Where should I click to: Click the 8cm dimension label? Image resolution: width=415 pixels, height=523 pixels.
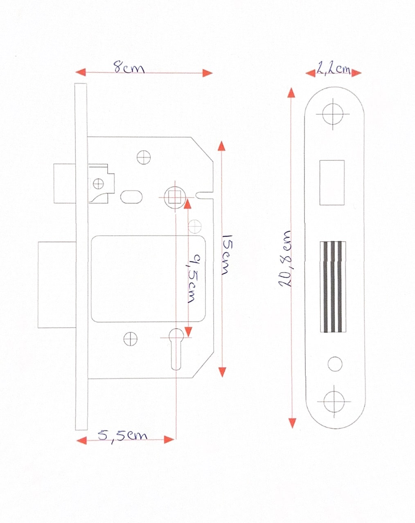coord(129,67)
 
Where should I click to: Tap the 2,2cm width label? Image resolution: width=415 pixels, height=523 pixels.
coord(333,69)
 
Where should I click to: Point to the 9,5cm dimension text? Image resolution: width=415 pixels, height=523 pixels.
coord(194,279)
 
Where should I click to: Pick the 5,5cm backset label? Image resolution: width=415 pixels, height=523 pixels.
coord(122,436)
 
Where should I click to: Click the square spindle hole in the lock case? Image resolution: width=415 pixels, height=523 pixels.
coord(175,197)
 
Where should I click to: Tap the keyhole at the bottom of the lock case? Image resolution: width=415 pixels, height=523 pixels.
coord(176,349)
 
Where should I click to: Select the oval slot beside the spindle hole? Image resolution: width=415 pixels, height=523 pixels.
coord(131,197)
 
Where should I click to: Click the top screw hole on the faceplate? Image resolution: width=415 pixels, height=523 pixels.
coord(333,113)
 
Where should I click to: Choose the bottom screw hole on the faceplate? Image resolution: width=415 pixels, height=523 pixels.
coord(334,401)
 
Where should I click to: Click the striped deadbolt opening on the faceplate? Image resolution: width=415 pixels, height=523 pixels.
coord(333,287)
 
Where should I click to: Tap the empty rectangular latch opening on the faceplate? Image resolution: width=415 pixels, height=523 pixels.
coord(332,183)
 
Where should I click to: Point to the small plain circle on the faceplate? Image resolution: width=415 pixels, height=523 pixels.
coord(335,364)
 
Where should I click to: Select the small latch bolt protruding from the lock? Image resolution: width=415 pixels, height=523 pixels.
coord(64,183)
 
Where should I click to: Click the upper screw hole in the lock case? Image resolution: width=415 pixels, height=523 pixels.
coord(144,157)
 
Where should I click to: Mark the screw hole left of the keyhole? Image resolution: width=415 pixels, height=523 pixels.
coord(130,339)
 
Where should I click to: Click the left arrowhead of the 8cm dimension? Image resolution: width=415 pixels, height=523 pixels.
coord(81,72)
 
